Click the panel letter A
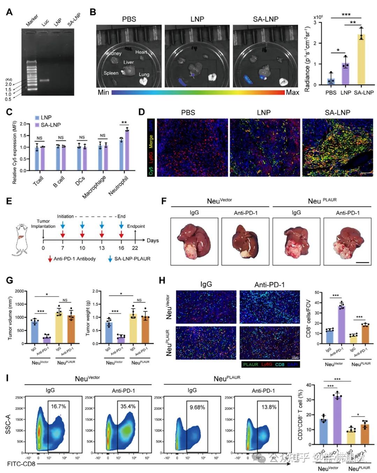pos(9,12)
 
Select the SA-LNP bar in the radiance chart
pos(361,60)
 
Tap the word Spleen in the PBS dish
pos(111,73)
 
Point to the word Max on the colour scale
pos(293,92)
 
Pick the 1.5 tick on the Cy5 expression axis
pos(23,136)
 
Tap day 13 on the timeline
pos(102,248)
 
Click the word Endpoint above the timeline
pos(136,226)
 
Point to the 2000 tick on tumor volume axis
pos(20,291)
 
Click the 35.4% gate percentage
pos(128,406)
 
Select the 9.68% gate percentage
pos(197,407)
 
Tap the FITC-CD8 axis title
pos(21,464)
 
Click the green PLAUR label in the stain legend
pos(251,365)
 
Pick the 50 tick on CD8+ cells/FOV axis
pos(317,292)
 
